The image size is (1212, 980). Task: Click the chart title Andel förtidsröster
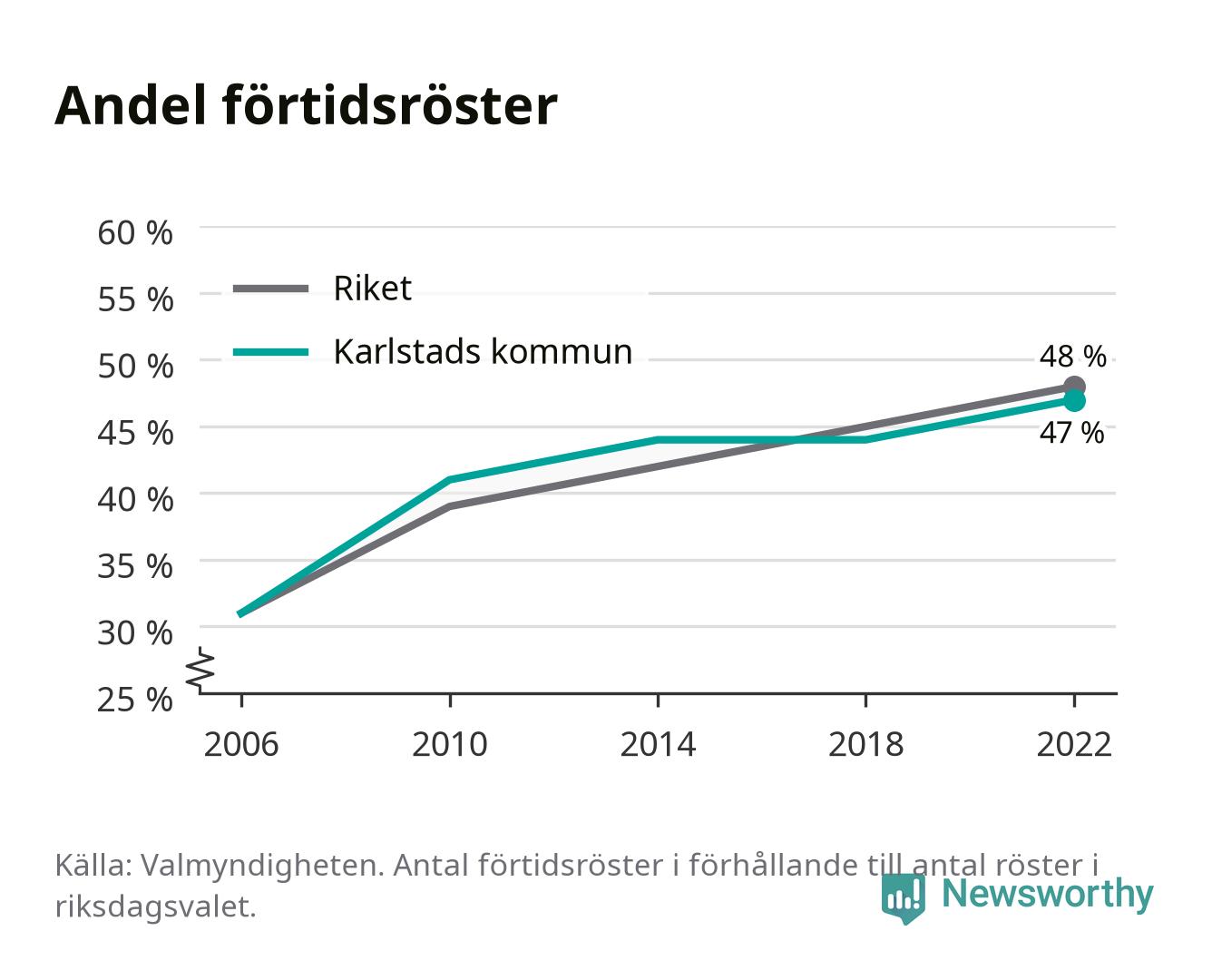pyautogui.click(x=306, y=106)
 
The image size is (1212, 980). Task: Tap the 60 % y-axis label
pyautogui.click(x=135, y=233)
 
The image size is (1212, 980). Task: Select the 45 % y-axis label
pyautogui.click(x=135, y=433)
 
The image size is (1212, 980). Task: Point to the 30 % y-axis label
pyautogui.click(x=135, y=632)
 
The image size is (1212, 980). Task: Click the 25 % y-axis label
pyautogui.click(x=135, y=700)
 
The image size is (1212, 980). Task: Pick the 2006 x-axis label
pyautogui.click(x=241, y=744)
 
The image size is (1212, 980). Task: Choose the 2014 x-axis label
pyautogui.click(x=658, y=744)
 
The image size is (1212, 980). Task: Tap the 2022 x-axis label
pyautogui.click(x=1074, y=744)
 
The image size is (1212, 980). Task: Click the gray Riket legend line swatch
pyautogui.click(x=271, y=289)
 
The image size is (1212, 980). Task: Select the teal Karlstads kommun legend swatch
pyautogui.click(x=271, y=352)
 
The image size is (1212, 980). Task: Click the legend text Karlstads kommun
pyautogui.click(x=484, y=352)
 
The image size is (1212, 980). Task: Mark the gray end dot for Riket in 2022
pyautogui.click(x=1074, y=387)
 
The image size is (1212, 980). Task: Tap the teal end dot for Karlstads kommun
pyautogui.click(x=1074, y=401)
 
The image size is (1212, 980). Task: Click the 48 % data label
pyautogui.click(x=1072, y=357)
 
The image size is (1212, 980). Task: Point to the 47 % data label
pyautogui.click(x=1071, y=433)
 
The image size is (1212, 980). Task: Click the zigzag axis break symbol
pyautogui.click(x=200, y=670)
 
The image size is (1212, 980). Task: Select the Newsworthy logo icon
pyautogui.click(x=903, y=899)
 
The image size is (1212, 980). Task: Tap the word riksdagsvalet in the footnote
pyautogui.click(x=155, y=906)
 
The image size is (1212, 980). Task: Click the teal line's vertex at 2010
pyautogui.click(x=450, y=480)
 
